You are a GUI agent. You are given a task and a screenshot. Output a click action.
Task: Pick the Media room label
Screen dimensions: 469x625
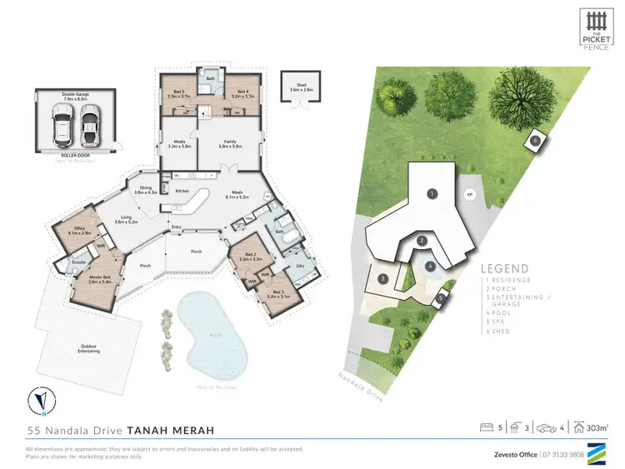click(x=181, y=144)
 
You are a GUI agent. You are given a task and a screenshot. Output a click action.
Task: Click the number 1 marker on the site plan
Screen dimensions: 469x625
click(x=432, y=193)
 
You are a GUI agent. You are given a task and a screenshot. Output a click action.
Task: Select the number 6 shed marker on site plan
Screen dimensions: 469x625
click(x=535, y=141)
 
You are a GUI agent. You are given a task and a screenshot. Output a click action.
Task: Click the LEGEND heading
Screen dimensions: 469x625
click(x=504, y=268)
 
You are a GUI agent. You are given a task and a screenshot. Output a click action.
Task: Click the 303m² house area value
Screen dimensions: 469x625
click(x=597, y=428)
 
